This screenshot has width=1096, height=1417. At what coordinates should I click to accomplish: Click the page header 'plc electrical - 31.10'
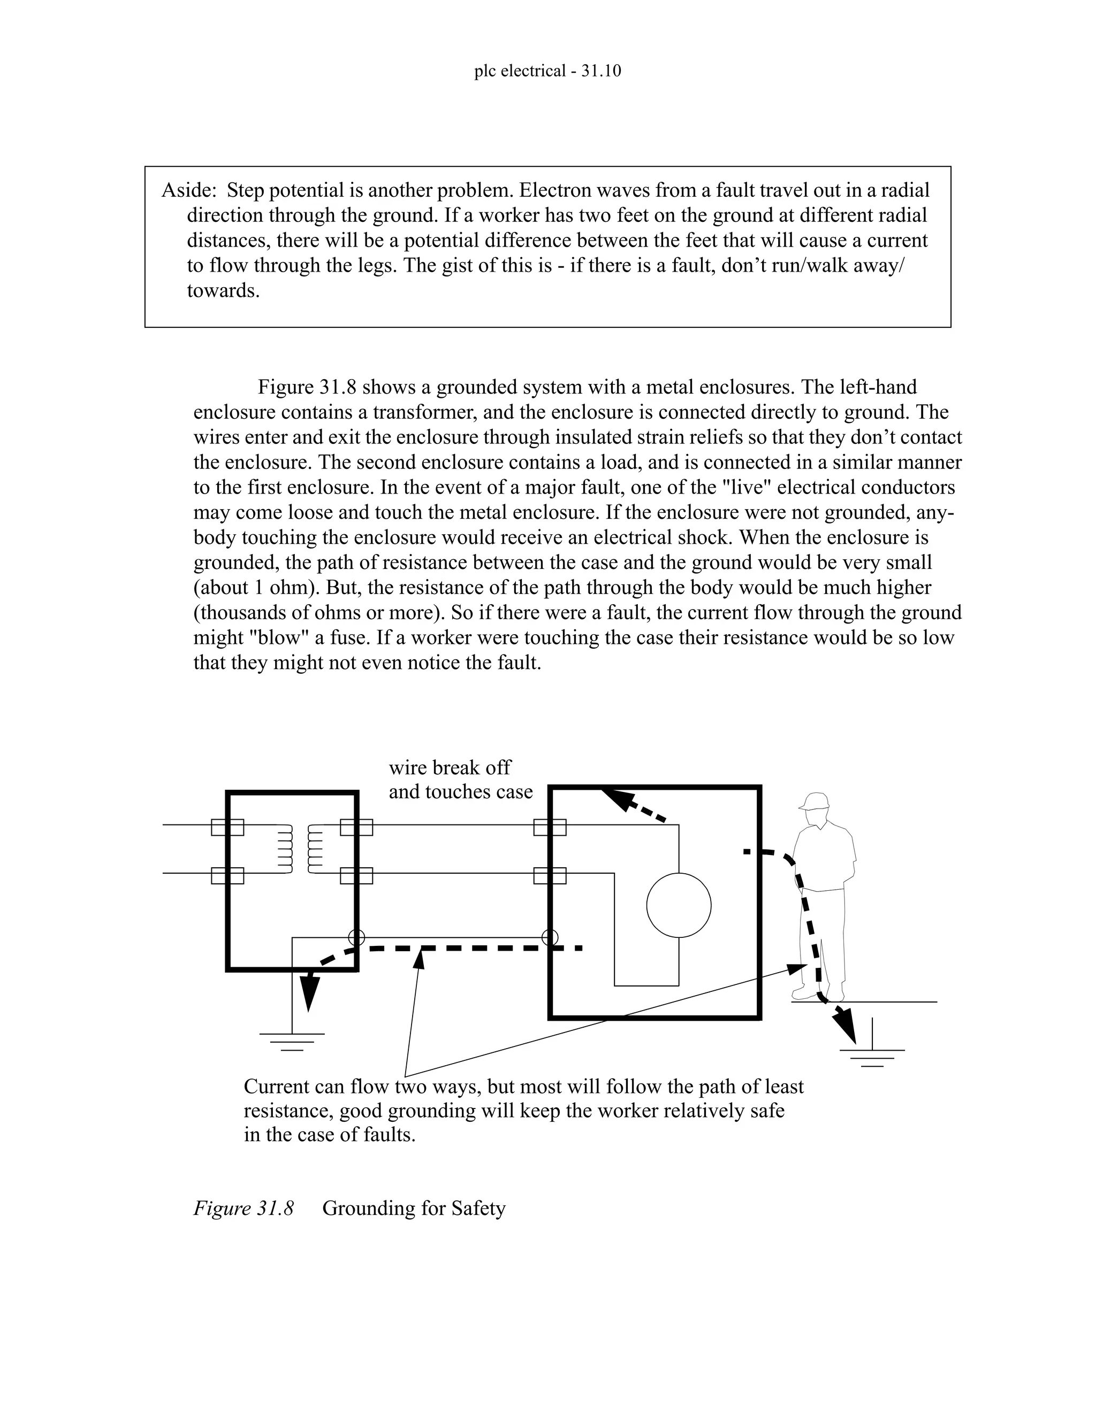click(x=547, y=71)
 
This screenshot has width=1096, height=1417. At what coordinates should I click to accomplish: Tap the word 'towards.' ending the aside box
click(x=223, y=291)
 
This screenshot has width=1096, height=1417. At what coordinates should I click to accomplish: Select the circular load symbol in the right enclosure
click(x=679, y=905)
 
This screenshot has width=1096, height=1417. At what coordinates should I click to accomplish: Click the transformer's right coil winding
click(x=315, y=849)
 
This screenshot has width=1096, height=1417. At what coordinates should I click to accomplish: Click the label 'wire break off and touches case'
click(x=460, y=780)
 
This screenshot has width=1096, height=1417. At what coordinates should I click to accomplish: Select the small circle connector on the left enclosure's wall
click(x=356, y=937)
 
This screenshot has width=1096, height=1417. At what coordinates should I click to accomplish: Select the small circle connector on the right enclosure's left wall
click(x=550, y=937)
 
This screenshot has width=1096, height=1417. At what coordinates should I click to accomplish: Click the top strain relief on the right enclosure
click(x=550, y=827)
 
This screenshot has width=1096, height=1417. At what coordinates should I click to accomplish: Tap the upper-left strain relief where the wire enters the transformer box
click(x=227, y=827)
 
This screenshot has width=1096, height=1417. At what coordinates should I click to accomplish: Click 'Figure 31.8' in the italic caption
click(x=243, y=1208)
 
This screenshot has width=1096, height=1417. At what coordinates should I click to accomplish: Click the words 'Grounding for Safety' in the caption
click(x=414, y=1208)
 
